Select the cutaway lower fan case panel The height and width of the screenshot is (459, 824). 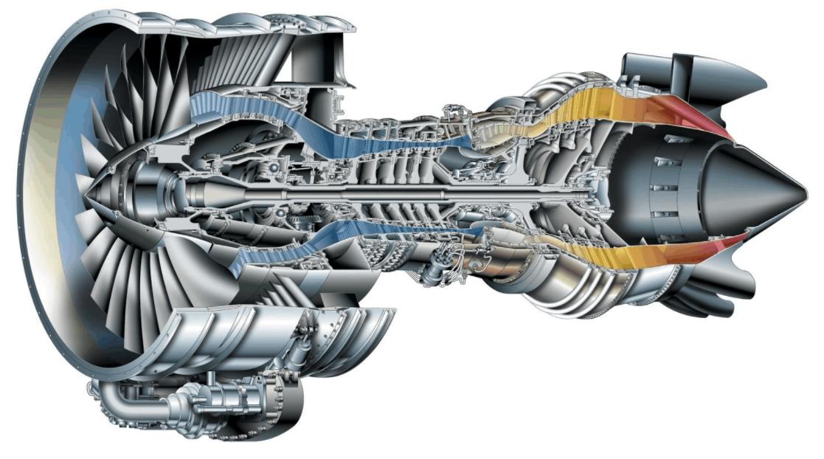pyautogui.click(x=221, y=339)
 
